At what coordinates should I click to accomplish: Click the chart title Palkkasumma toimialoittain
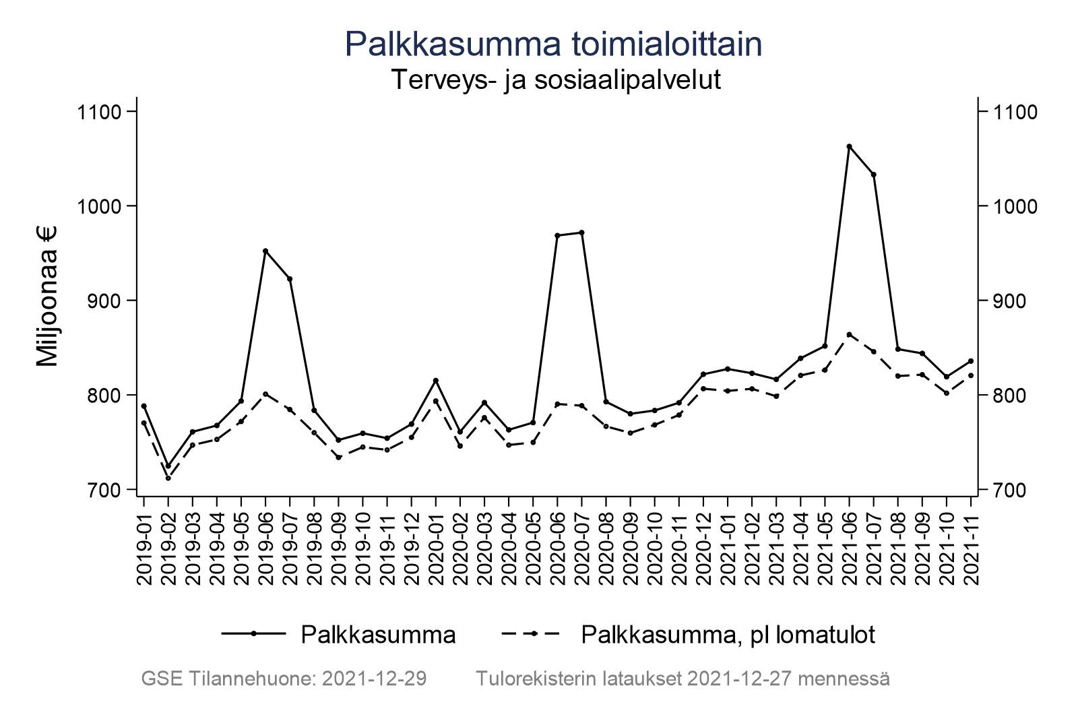[x=553, y=44]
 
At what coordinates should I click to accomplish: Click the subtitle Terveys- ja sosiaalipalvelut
[x=556, y=80]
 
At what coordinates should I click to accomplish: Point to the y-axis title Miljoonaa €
[x=48, y=296]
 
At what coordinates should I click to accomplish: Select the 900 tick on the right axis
[x=1007, y=301]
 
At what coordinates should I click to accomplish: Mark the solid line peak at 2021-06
[x=849, y=146]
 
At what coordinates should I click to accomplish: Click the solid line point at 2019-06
[x=265, y=251]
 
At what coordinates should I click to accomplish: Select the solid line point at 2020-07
[x=581, y=232]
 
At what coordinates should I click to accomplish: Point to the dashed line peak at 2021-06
[x=849, y=334]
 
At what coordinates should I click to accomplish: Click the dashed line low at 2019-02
[x=168, y=478]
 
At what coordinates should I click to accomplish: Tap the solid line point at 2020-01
[x=436, y=381]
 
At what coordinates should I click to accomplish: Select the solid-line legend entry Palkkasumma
[x=378, y=634]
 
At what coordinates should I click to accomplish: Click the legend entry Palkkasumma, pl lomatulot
[x=728, y=634]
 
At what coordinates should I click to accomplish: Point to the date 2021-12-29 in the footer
[x=375, y=679]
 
